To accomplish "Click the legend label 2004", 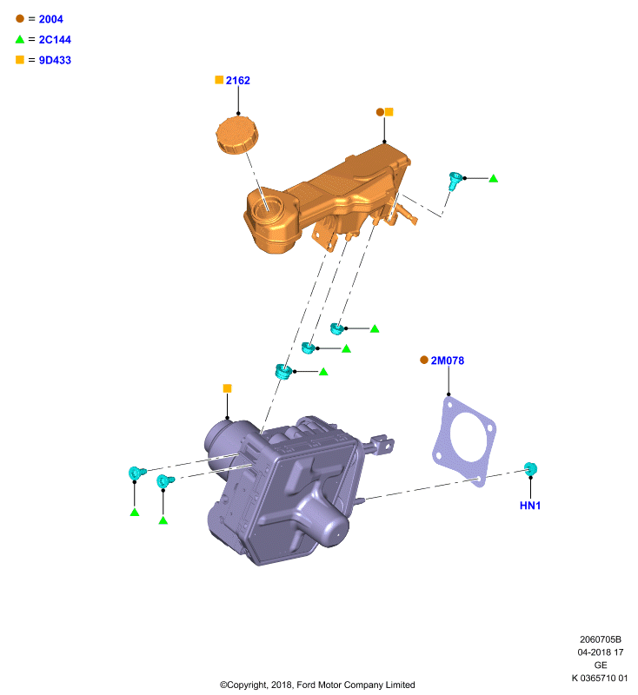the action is pyautogui.click(x=50, y=19).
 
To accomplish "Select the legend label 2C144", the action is pyautogui.click(x=55, y=39).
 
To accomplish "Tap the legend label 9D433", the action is pyautogui.click(x=55, y=60).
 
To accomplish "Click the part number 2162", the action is pyautogui.click(x=237, y=80).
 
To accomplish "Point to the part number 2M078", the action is pyautogui.click(x=448, y=361).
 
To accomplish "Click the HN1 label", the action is pyautogui.click(x=530, y=506).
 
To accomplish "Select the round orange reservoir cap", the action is pyautogui.click(x=237, y=135).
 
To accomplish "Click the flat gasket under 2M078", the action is pyautogui.click(x=464, y=441).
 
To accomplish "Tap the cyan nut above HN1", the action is pyautogui.click(x=530, y=469).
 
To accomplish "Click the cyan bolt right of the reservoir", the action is pyautogui.click(x=455, y=181).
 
